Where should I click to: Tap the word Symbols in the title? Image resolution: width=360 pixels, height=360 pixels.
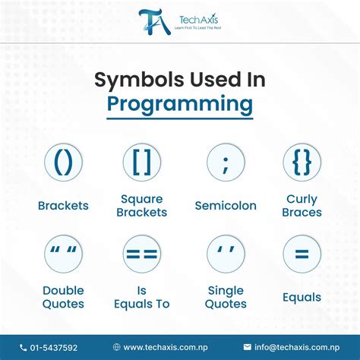134,79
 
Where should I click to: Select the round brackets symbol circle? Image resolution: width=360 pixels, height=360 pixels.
63,163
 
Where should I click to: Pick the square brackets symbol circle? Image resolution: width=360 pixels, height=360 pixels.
141,163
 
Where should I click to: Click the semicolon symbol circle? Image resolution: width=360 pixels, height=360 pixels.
226,163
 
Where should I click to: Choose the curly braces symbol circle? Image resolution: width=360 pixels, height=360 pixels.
302,163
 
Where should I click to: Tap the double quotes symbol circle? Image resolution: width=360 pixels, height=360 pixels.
63,254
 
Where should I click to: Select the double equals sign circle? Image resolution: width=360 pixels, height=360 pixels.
141,254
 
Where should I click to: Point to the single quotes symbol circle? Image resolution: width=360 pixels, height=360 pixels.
226,254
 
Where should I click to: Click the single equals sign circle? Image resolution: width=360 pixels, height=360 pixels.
302,254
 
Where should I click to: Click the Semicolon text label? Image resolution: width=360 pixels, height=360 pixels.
226,206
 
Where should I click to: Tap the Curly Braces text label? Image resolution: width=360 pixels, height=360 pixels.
302,206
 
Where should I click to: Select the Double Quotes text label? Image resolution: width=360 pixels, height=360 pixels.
63,297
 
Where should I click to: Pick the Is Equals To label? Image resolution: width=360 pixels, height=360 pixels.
141,297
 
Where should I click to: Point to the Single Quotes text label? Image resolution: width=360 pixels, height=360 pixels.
226,297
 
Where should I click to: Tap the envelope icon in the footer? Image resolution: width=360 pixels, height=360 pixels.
247,347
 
